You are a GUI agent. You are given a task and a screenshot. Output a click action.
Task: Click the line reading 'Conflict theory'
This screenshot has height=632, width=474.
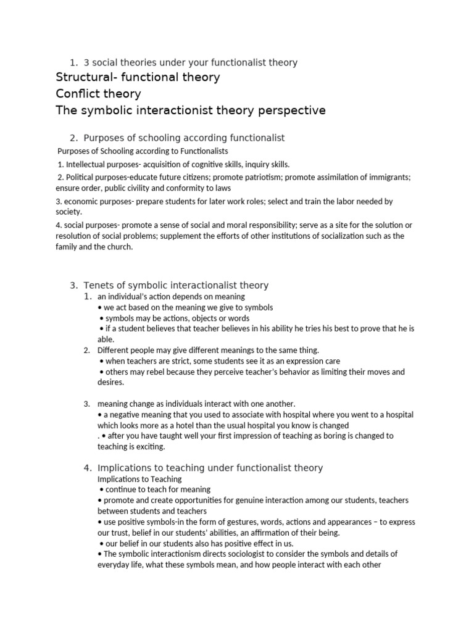click(98, 94)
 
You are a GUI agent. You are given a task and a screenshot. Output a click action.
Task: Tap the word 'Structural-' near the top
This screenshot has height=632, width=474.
click(83, 77)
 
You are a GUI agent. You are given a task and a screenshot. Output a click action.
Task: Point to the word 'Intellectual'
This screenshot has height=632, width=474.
click(88, 164)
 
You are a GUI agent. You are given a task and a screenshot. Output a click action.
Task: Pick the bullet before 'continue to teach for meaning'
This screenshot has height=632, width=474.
click(101, 489)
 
